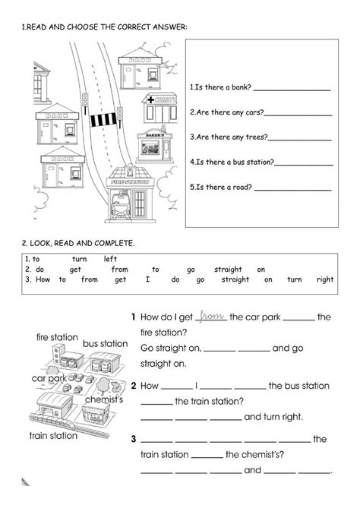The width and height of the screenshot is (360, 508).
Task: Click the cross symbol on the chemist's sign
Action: (151, 99)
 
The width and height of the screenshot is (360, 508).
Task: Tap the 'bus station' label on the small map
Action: (105, 344)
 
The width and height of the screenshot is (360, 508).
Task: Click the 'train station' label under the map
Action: (52, 436)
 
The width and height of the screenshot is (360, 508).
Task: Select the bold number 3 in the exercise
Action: (133, 438)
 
